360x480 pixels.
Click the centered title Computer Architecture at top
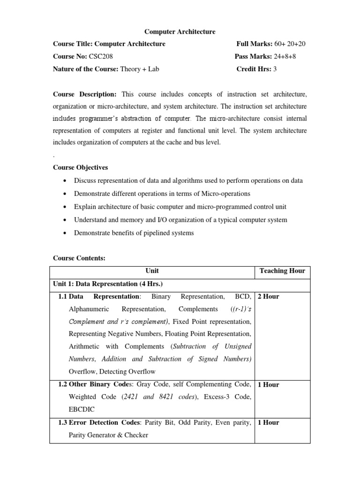(180, 32)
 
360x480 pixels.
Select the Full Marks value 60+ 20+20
(289, 44)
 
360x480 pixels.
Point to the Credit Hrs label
(254, 69)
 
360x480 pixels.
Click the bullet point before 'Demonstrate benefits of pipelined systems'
(64, 233)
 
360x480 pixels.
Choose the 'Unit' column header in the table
(152, 271)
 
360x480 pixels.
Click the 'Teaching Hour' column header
(282, 271)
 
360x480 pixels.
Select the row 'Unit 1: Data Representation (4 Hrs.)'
(109, 284)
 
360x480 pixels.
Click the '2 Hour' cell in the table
(269, 297)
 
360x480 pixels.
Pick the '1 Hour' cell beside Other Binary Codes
(269, 385)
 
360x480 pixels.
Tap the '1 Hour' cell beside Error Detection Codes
(269, 422)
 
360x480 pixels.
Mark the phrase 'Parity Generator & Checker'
(108, 435)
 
